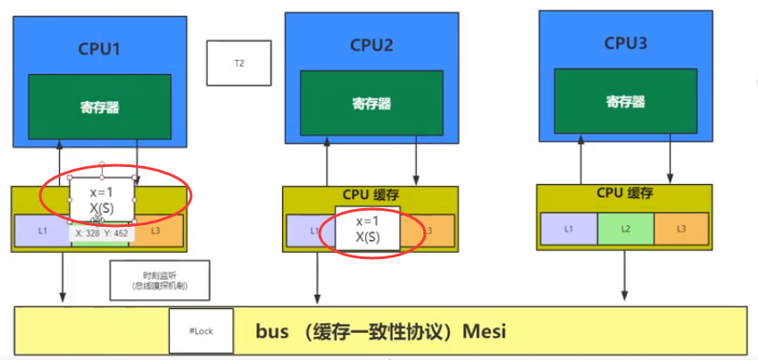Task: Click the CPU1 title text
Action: tap(99, 48)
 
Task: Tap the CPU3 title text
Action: tap(625, 42)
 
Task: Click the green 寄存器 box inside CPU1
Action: tap(99, 107)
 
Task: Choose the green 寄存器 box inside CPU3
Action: tap(625, 101)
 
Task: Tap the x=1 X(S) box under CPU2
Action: tap(367, 230)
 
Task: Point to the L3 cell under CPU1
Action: tap(157, 231)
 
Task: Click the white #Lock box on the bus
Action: tap(200, 331)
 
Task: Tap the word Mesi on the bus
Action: tap(485, 332)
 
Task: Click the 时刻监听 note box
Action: tap(159, 280)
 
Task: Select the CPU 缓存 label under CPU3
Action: tap(624, 193)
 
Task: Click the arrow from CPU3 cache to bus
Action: tap(624, 277)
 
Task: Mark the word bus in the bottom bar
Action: tap(271, 332)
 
